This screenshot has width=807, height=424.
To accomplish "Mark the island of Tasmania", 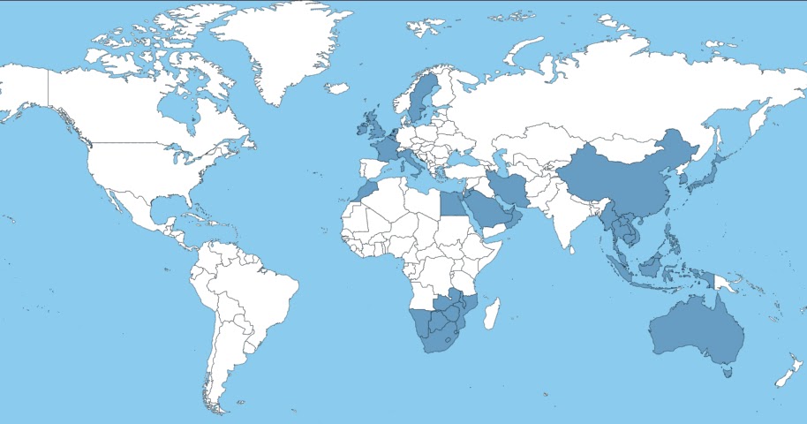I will coord(728,374).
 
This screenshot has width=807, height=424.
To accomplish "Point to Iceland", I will coord(336,87).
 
